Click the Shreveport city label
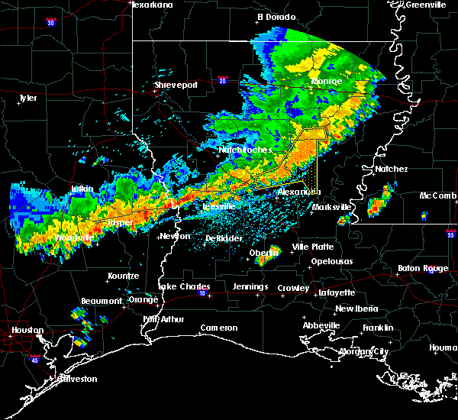(x=176, y=85)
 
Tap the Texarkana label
(x=153, y=5)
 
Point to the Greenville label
(x=426, y=5)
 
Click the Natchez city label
(x=392, y=169)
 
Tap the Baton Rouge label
(x=424, y=268)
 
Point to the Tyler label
(x=27, y=98)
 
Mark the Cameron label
(x=219, y=328)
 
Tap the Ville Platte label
(x=313, y=247)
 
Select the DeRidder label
(x=224, y=238)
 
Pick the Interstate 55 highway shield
(x=451, y=236)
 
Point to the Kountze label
(x=123, y=275)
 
